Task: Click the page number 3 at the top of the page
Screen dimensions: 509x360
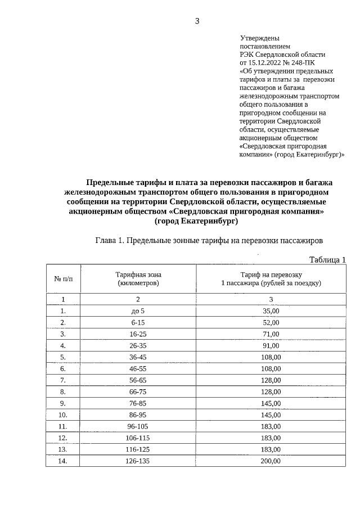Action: (x=197, y=21)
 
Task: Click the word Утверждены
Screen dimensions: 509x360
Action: (x=260, y=38)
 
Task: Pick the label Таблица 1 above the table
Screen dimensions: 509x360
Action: (x=327, y=259)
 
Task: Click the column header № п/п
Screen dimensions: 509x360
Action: (x=63, y=278)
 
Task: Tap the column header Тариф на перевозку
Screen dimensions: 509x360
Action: (x=271, y=274)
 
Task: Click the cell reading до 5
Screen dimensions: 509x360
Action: (x=138, y=310)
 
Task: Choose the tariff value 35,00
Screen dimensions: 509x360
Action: (x=271, y=310)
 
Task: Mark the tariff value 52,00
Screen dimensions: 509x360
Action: (x=271, y=322)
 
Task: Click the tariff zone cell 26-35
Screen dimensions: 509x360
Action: (x=138, y=345)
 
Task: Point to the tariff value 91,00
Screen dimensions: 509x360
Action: (x=271, y=345)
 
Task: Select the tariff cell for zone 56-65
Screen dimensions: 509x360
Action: (x=271, y=380)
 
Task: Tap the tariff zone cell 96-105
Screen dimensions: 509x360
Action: (x=138, y=426)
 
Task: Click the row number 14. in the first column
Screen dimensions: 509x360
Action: (x=63, y=461)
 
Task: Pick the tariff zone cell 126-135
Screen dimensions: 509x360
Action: (x=138, y=461)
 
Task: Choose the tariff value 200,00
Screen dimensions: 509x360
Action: (x=271, y=461)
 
